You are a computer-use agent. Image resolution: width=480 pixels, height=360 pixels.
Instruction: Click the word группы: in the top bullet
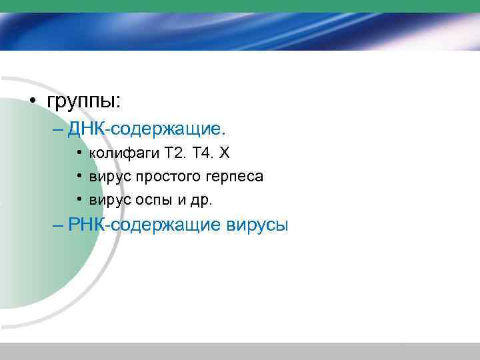pos(83,101)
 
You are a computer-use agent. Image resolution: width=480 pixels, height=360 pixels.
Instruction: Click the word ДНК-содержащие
pos(147,128)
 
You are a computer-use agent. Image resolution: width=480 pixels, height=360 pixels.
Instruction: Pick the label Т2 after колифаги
pos(174,153)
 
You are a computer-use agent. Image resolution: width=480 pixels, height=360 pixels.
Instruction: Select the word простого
pos(163,177)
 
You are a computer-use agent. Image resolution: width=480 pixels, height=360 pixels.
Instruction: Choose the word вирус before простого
pos(109,177)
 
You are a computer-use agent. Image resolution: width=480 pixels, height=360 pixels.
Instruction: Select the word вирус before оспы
pos(109,200)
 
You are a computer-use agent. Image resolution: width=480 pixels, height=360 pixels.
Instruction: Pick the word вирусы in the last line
pos(253,225)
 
